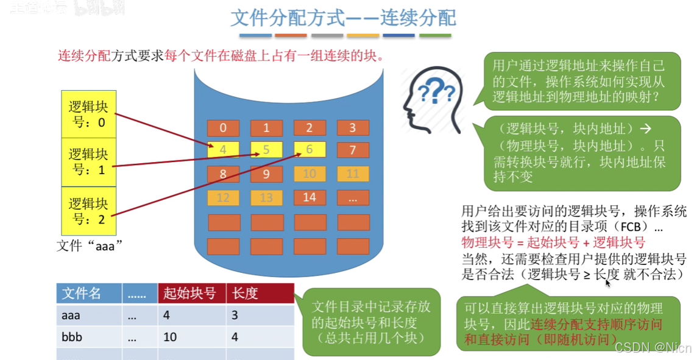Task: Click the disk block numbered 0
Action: coord(224,128)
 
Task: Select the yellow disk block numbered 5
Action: coord(266,150)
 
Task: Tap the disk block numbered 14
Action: coord(310,197)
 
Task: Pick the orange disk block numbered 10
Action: coord(310,174)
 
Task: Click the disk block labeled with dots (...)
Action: coord(352,197)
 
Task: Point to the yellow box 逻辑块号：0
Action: coord(88,114)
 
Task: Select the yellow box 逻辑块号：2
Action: coord(88,211)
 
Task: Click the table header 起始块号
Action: coord(190,294)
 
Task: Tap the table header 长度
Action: coord(259,294)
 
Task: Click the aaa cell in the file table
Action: coord(71,316)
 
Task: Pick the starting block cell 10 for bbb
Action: coord(170,337)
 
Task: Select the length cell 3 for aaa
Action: coord(235,316)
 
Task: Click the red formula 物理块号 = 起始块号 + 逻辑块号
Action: coord(553,242)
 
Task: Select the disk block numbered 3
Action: coord(352,128)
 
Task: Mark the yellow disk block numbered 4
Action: coord(224,150)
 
